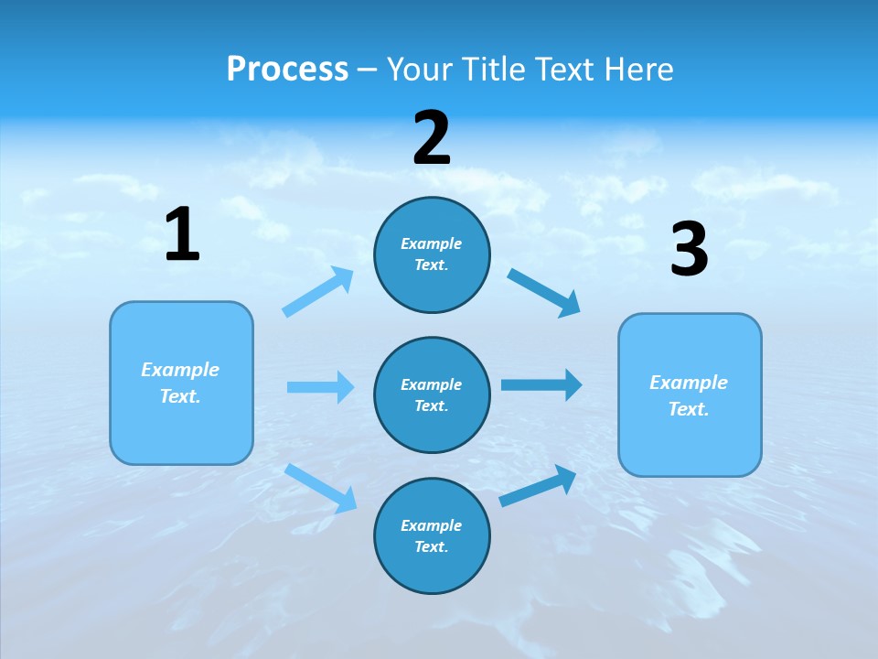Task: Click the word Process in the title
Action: pos(287,69)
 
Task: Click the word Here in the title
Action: pos(636,69)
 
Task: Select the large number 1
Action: pos(182,235)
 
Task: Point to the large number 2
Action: pos(432,138)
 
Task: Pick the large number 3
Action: pos(689,250)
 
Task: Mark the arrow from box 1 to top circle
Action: pos(318,292)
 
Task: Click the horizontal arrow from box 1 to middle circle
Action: pos(320,387)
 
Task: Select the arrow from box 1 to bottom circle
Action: pos(321,487)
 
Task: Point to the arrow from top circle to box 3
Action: pos(544,292)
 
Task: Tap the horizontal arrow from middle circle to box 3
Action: pos(541,385)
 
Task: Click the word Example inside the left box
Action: pos(180,370)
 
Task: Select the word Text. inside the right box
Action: pos(689,409)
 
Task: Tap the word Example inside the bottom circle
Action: pos(432,525)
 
